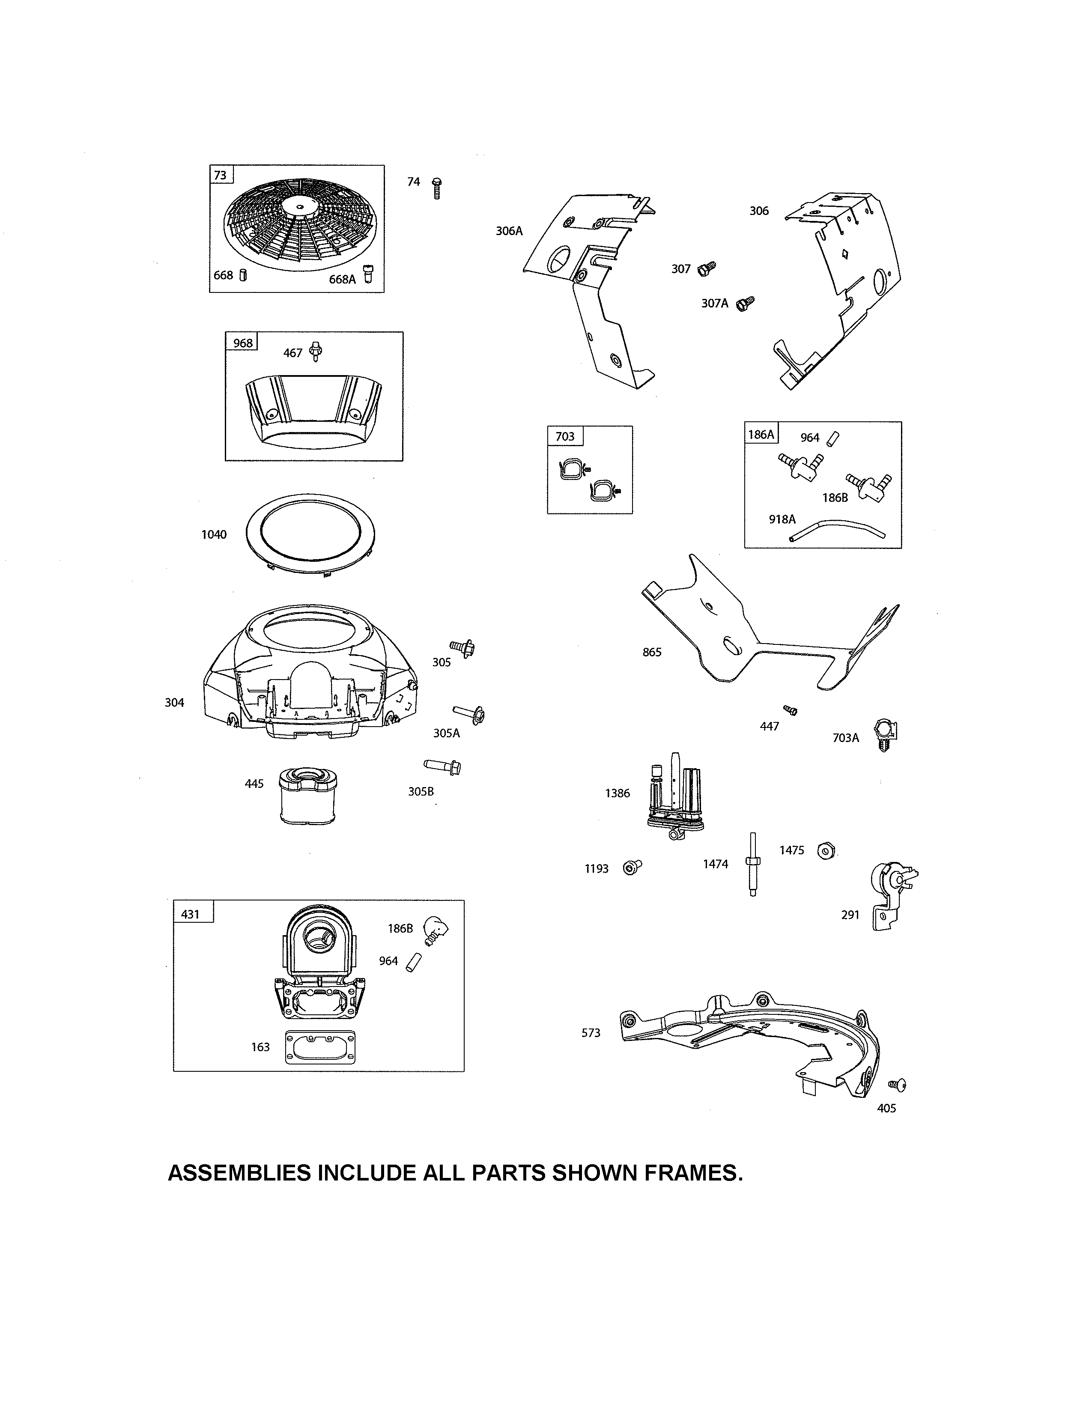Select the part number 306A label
(509, 231)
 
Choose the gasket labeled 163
(320, 1047)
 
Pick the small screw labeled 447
(790, 710)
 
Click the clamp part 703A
(884, 734)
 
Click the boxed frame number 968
(242, 343)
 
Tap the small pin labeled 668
(243, 275)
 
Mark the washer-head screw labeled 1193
(631, 867)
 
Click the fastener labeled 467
(316, 351)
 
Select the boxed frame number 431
(190, 914)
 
